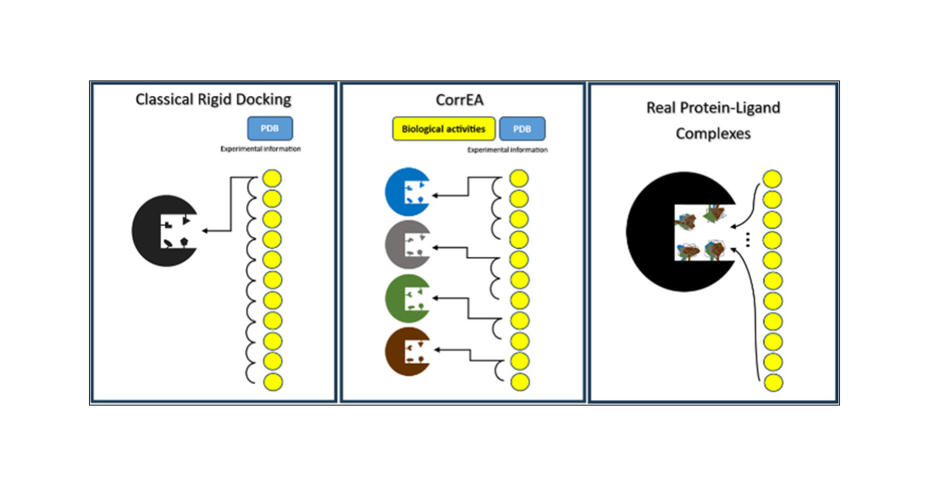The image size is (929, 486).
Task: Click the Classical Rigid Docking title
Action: [x=213, y=99]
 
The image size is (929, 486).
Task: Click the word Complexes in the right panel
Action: [x=712, y=133]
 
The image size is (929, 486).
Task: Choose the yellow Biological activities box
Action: [x=444, y=128]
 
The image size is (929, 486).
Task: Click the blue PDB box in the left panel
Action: [x=269, y=128]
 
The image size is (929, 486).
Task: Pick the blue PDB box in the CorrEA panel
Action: [x=523, y=128]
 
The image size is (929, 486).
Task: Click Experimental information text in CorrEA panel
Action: [x=507, y=149]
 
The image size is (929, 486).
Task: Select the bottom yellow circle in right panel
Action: [x=773, y=382]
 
